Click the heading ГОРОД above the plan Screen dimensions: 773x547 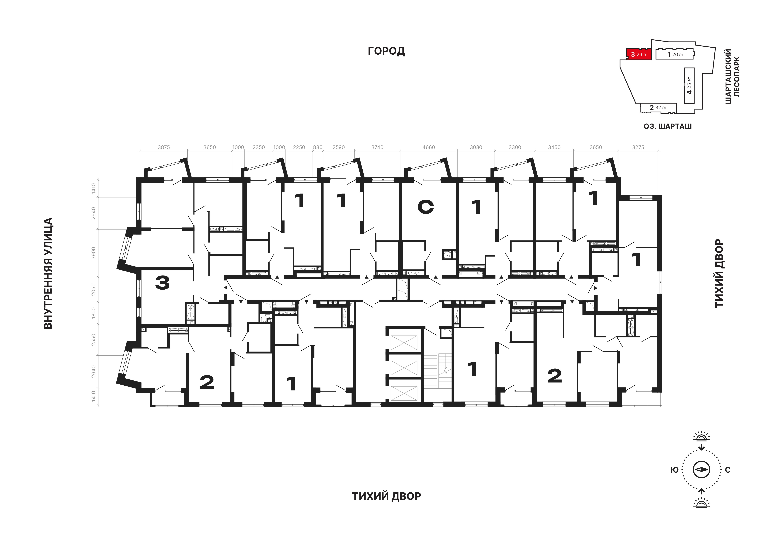tap(386, 51)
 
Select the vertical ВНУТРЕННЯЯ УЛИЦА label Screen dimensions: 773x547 tap(48, 273)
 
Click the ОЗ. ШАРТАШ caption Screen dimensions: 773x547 tap(668, 126)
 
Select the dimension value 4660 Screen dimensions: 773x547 tap(429, 147)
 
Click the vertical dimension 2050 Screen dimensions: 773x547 tap(94, 290)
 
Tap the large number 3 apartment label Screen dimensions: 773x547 tap(162, 283)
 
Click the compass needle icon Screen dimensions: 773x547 tap(701, 470)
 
